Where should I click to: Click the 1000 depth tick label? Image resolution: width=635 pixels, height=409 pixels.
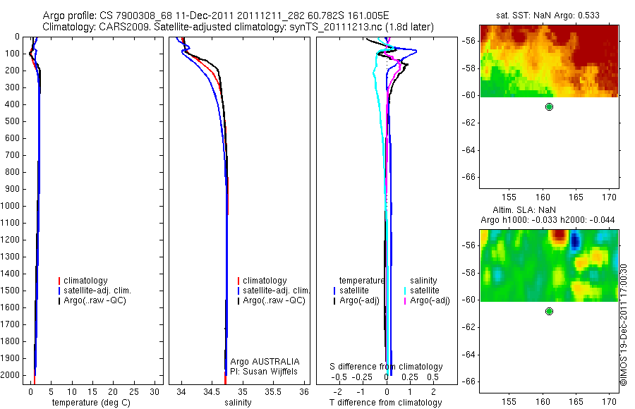coord(11,206)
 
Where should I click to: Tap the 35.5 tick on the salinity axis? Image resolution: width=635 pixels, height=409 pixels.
coord(273,391)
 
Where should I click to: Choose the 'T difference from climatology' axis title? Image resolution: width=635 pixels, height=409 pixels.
coord(386,403)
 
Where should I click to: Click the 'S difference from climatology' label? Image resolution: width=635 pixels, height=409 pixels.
coord(386,367)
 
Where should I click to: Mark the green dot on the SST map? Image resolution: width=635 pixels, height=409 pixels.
coord(549,106)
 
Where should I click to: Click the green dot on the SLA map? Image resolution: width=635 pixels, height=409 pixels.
coord(549,311)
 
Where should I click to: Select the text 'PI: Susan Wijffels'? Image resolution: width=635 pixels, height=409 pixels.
coord(264,371)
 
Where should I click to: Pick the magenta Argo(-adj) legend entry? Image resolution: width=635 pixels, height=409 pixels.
coord(430,300)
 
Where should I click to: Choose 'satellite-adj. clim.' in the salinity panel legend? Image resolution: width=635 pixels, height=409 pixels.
coord(277,291)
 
